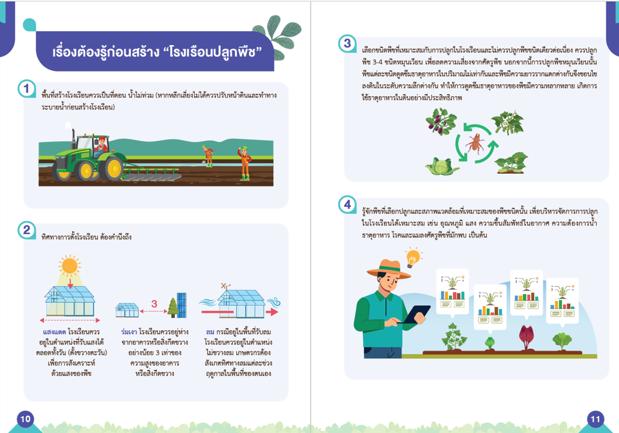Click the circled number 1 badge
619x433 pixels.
click(26, 88)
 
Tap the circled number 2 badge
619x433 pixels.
click(26, 230)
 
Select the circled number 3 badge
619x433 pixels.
click(347, 43)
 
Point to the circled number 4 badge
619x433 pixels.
click(347, 204)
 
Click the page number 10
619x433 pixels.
click(25, 419)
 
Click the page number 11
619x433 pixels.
click(596, 419)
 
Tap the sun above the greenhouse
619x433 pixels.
click(70, 265)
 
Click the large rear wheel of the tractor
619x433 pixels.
click(112, 169)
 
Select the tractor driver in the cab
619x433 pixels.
click(101, 146)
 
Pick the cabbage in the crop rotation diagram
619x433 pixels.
click(442, 166)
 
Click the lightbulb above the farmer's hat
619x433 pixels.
click(413, 258)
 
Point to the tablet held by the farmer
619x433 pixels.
click(416, 314)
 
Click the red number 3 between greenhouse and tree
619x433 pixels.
click(154, 304)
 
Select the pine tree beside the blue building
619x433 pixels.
click(172, 307)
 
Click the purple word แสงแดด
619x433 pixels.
click(55, 332)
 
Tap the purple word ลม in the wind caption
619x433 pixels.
click(210, 332)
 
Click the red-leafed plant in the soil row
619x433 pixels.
click(526, 337)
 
